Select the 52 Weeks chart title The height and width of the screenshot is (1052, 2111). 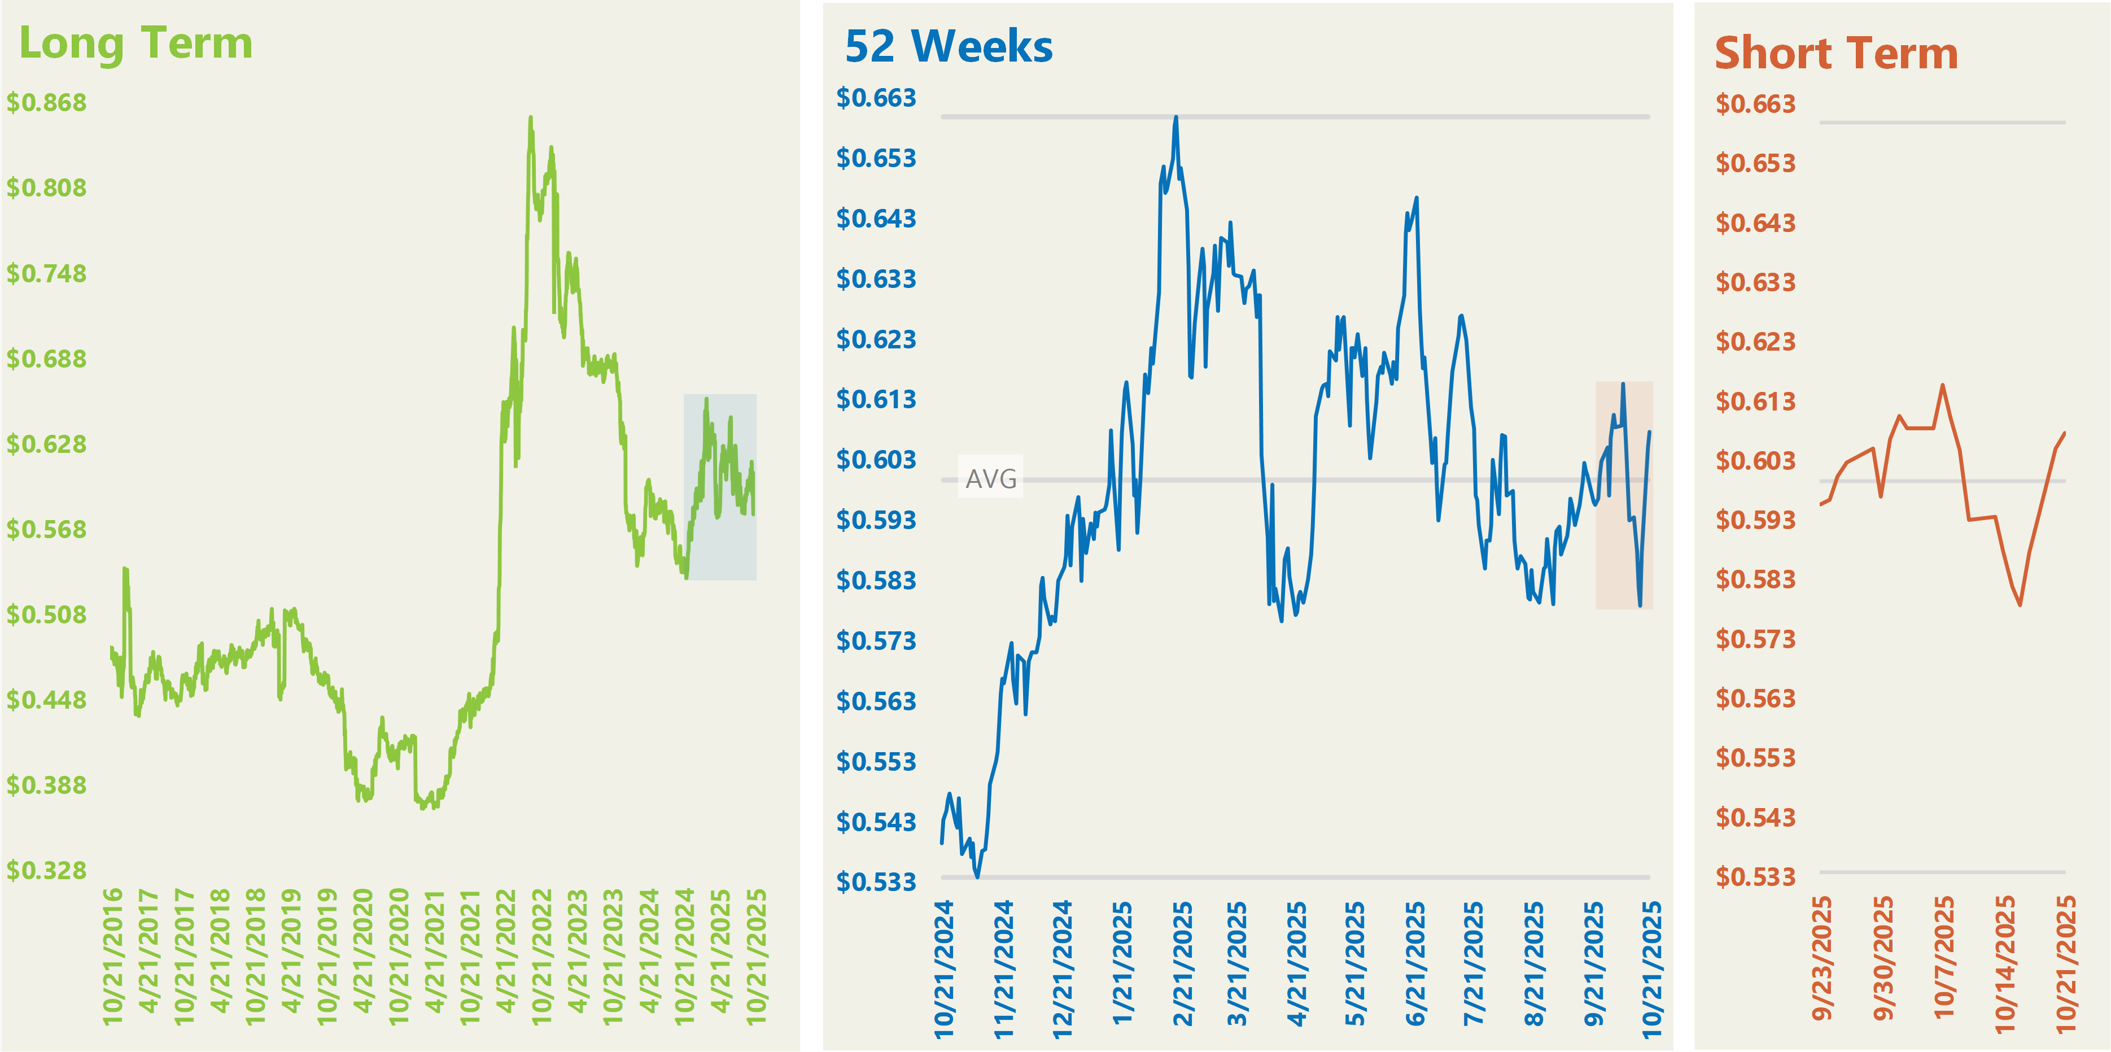(948, 47)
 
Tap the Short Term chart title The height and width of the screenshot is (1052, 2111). (1835, 54)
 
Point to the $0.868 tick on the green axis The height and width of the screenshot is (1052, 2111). (47, 102)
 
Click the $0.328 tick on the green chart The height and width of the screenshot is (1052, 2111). (47, 870)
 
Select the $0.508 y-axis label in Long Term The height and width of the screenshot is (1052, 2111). (47, 614)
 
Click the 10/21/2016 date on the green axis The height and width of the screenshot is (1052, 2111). (112, 955)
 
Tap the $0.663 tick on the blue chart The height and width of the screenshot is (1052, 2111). (876, 98)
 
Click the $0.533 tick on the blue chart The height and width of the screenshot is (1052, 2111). (876, 883)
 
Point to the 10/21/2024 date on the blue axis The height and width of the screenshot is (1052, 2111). (944, 968)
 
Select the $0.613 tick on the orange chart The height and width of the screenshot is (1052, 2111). (1755, 401)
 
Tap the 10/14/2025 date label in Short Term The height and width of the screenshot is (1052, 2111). (2004, 963)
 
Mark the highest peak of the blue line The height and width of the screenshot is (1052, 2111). (1176, 117)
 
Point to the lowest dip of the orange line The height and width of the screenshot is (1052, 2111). (2020, 605)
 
